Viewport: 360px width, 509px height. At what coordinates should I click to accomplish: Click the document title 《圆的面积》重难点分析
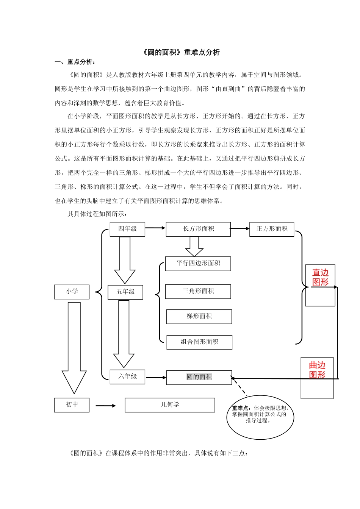click(180, 53)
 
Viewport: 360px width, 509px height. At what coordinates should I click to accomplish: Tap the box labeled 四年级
click(127, 229)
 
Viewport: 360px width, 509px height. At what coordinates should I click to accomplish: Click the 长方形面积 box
click(198, 229)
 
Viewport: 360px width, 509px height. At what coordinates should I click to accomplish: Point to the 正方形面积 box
click(272, 229)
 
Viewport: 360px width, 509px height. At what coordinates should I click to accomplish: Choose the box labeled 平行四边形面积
click(198, 264)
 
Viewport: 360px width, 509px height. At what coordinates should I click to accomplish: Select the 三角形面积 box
click(198, 291)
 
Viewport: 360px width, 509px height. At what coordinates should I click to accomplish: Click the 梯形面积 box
click(199, 317)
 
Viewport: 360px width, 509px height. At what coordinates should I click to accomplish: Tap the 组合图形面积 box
click(199, 342)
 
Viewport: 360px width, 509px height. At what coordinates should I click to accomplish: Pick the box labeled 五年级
click(125, 292)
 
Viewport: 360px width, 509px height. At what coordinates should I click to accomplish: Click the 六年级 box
click(127, 377)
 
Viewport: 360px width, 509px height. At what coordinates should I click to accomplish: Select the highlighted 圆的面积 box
click(199, 377)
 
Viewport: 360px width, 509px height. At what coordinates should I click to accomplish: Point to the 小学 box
click(72, 292)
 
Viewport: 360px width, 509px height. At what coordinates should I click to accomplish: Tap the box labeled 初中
click(72, 405)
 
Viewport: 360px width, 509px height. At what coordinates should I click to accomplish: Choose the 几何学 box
click(170, 405)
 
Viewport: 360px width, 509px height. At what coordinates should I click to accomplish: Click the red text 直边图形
click(320, 278)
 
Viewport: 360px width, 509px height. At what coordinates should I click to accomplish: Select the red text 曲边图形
click(317, 370)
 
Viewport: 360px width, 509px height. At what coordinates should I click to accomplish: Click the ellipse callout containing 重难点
click(260, 417)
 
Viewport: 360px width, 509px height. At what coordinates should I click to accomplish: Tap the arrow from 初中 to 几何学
click(106, 406)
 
